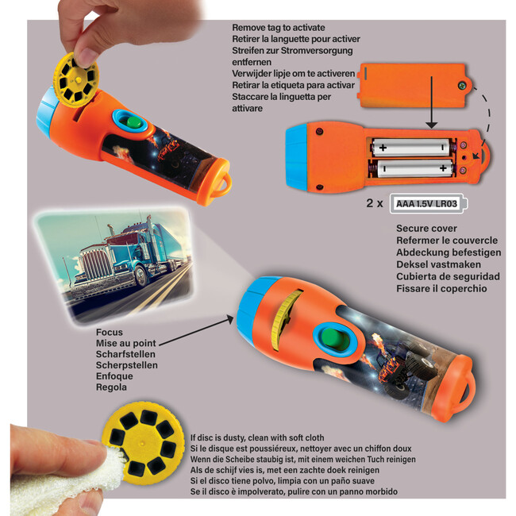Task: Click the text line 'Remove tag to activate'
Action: [279, 28]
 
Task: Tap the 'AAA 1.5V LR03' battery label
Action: [426, 204]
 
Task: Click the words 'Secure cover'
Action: [426, 229]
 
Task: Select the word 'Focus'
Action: [110, 332]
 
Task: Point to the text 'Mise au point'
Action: [125, 343]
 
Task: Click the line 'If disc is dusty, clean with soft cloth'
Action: [257, 437]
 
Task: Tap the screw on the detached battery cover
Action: [463, 87]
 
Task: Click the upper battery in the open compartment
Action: [411, 147]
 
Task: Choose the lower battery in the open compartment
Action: [415, 169]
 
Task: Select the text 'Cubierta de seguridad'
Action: [448, 276]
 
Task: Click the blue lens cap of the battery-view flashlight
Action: [296, 157]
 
